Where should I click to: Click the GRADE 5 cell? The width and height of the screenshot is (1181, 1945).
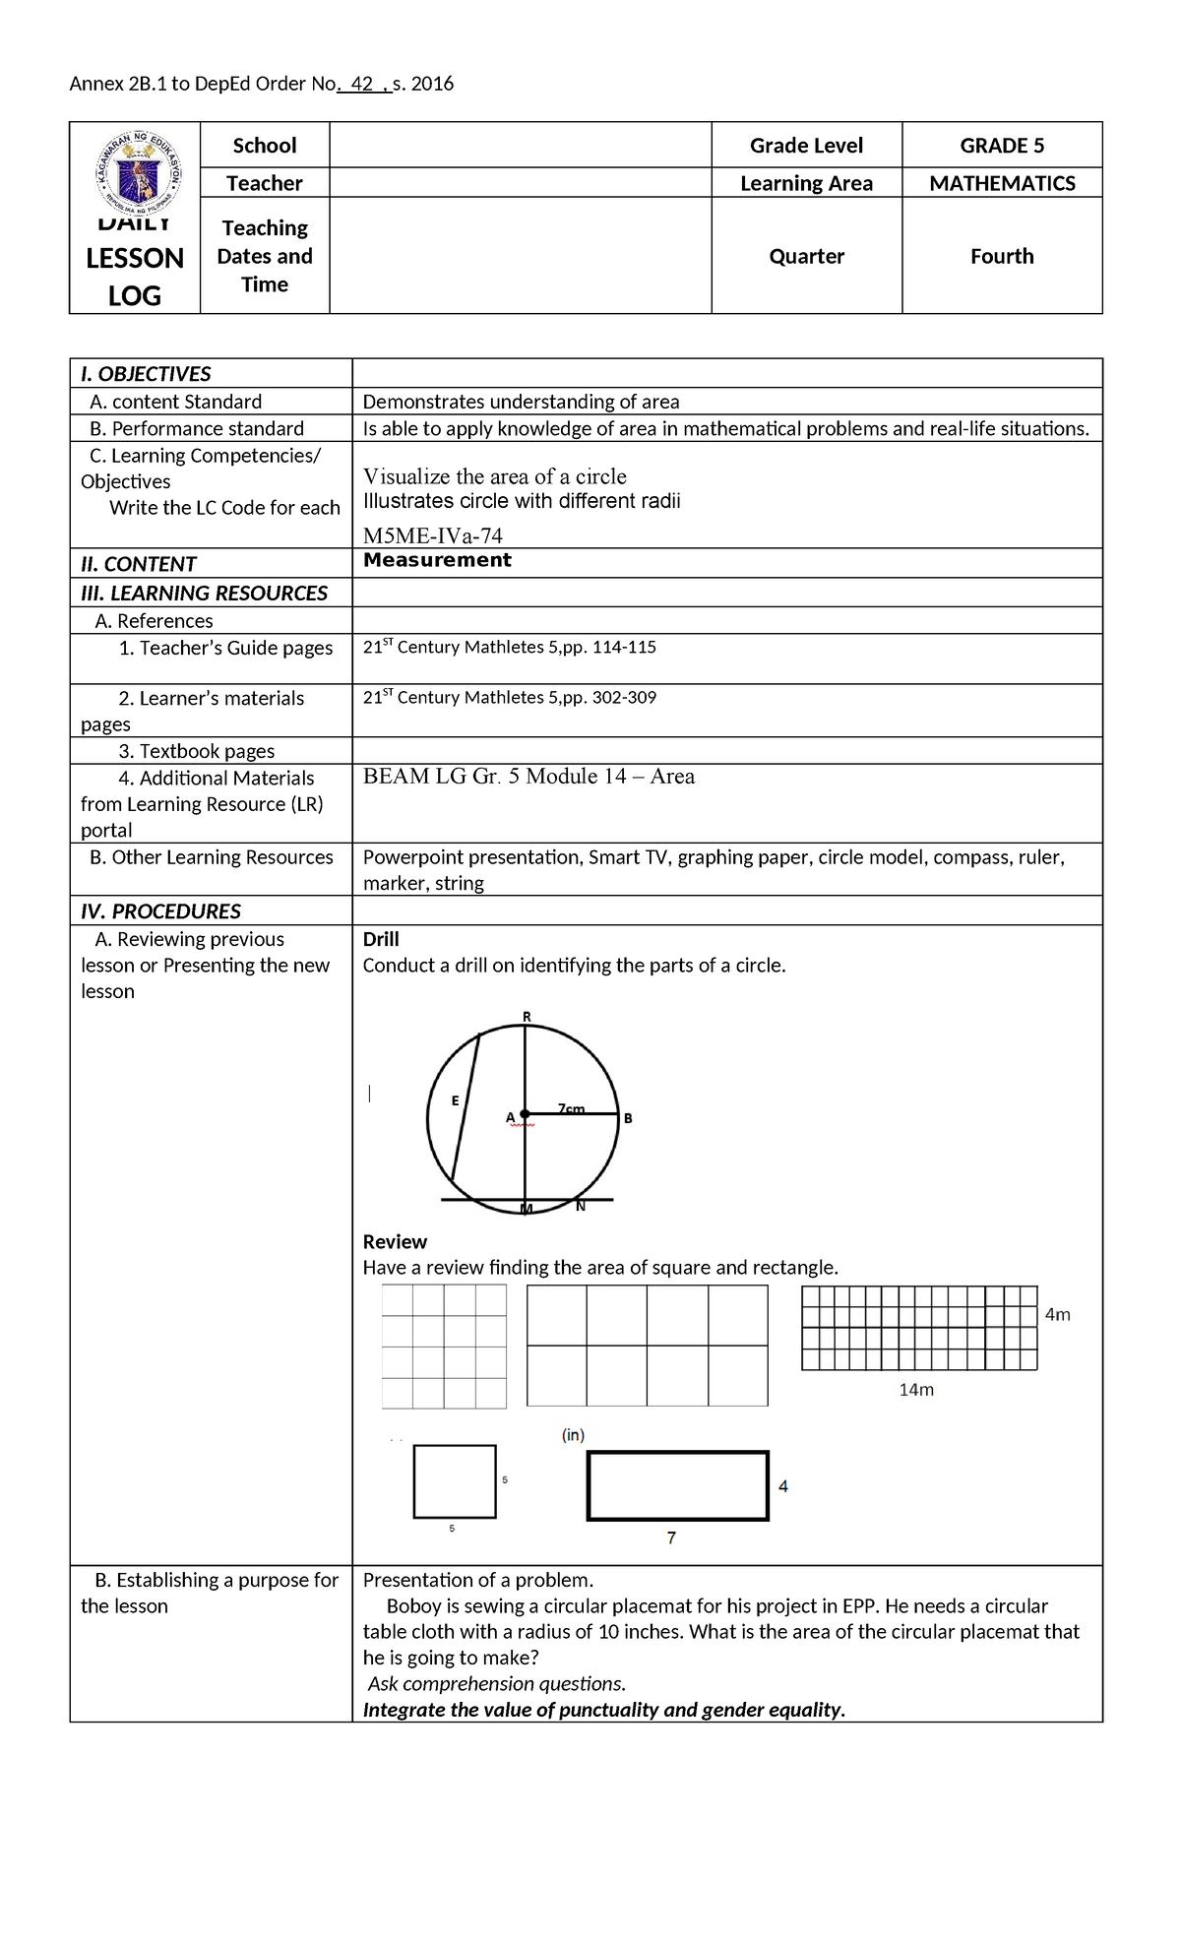(1001, 146)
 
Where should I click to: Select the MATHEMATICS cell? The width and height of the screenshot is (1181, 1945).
(1001, 183)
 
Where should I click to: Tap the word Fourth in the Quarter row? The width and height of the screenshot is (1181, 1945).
(1001, 256)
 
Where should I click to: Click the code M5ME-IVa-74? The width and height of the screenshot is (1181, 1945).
(433, 535)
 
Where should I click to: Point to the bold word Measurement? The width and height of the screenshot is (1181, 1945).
(437, 560)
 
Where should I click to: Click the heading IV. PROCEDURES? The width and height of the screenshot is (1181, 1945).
(160, 910)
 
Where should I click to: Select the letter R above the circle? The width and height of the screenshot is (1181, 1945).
(527, 1016)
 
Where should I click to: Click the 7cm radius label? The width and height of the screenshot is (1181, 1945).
(571, 1108)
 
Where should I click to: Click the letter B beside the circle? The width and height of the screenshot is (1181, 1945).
(628, 1118)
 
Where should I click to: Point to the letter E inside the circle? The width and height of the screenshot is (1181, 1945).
(455, 1100)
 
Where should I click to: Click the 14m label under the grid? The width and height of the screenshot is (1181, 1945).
(915, 1390)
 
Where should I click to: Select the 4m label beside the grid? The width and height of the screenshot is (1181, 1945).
(1057, 1314)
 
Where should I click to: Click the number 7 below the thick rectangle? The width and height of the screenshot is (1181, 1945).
(671, 1537)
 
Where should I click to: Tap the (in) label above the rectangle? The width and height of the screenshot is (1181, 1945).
(573, 1435)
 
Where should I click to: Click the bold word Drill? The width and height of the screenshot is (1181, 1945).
(381, 939)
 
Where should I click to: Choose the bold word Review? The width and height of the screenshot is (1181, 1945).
(395, 1241)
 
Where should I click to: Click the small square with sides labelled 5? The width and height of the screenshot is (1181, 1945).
(454, 1481)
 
